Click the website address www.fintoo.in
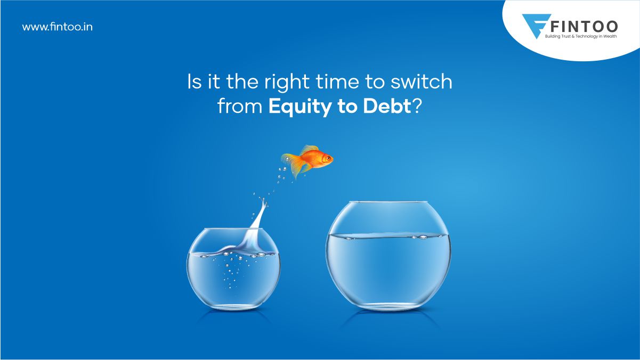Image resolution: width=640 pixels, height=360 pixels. (x=57, y=27)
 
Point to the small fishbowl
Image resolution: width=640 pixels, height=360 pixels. (x=233, y=272)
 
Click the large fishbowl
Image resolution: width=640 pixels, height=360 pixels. (x=388, y=261)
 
